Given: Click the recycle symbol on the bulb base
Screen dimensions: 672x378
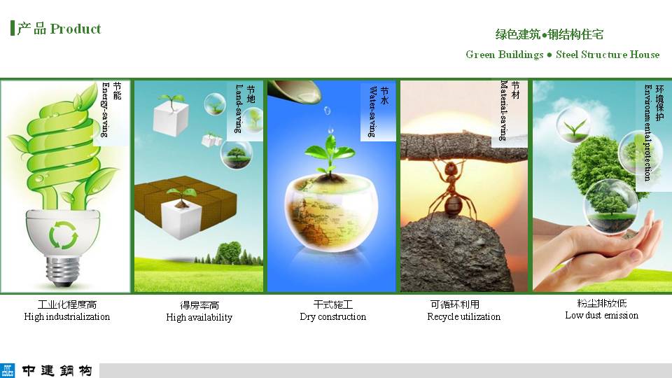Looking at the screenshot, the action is coord(63,235).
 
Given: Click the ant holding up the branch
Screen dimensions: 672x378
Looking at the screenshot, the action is coord(452,189).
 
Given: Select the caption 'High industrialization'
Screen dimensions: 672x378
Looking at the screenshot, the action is coord(67,316).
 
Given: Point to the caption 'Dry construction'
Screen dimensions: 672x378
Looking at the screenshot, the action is coord(333,316).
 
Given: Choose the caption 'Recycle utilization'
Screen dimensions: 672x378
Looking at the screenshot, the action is coord(463,316).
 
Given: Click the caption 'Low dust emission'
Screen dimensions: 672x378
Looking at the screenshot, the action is coord(602,316).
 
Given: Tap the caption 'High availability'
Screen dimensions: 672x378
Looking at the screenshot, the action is coord(199,317).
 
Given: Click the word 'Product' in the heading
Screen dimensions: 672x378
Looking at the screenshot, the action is coord(76,29).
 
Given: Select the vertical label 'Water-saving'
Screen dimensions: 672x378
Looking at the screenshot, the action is coord(372,111).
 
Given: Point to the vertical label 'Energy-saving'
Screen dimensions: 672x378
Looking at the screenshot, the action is coord(105,110).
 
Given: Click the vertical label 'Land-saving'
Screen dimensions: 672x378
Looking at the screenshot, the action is coord(239,108).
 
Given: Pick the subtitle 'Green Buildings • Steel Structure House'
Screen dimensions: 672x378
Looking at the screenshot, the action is coord(562,55).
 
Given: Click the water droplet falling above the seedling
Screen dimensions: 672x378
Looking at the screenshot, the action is coord(328,111).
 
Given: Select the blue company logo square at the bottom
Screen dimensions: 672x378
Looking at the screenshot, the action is coord(7,370).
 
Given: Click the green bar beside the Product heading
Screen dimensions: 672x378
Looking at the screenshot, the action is coord(13,28).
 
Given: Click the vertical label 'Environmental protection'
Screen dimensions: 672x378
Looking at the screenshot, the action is coord(648,132).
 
